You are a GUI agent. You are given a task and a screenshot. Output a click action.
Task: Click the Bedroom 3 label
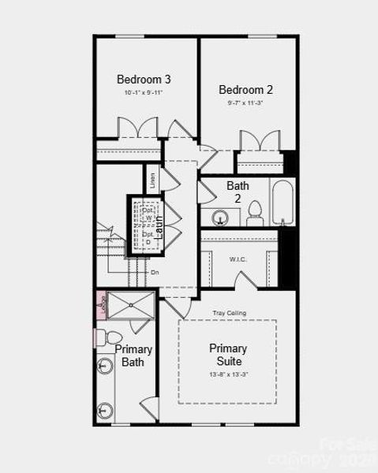(x=144, y=79)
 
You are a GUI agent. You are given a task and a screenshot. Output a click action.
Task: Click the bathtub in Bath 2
(x=282, y=203)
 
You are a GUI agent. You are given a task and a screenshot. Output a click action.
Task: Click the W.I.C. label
(x=239, y=259)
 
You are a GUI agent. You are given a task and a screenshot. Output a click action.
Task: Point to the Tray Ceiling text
(x=229, y=313)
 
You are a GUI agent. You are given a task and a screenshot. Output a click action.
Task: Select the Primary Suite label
(x=228, y=354)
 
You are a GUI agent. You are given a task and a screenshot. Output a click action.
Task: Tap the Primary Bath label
(x=133, y=356)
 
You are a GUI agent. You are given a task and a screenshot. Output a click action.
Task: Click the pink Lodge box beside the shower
(x=101, y=304)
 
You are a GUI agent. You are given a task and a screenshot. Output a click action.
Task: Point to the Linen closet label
(x=152, y=180)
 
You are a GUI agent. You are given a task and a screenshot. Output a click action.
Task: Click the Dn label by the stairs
(x=155, y=272)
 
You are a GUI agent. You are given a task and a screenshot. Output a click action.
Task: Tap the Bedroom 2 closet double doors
(x=258, y=140)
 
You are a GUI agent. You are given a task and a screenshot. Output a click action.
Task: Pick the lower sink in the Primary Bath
(x=105, y=410)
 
